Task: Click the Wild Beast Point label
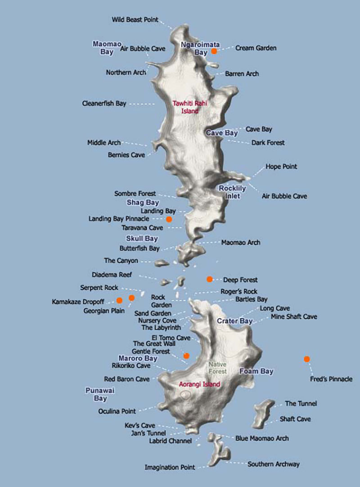point(135,19)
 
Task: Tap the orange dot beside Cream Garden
point(214,51)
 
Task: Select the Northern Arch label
point(126,72)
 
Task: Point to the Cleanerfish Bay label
point(104,104)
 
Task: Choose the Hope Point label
point(281,167)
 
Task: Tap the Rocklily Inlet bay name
point(232,192)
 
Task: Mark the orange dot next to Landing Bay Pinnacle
point(169,219)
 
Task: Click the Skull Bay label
point(142,239)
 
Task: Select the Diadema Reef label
point(112,275)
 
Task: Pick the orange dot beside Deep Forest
point(209,280)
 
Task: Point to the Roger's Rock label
point(239,292)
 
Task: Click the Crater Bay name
point(234,321)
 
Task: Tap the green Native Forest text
point(217,368)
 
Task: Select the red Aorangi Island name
point(199,384)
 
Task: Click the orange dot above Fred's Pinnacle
point(306,359)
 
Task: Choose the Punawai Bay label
point(100,394)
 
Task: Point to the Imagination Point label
point(170,467)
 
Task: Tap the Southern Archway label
point(273,464)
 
